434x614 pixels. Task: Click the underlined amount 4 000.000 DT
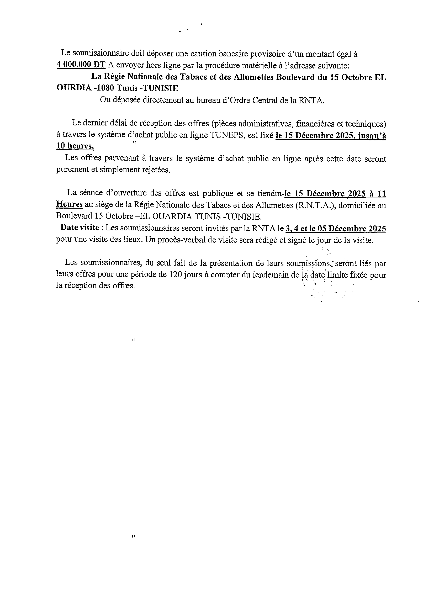pos(81,65)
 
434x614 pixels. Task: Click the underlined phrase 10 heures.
pos(75,146)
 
